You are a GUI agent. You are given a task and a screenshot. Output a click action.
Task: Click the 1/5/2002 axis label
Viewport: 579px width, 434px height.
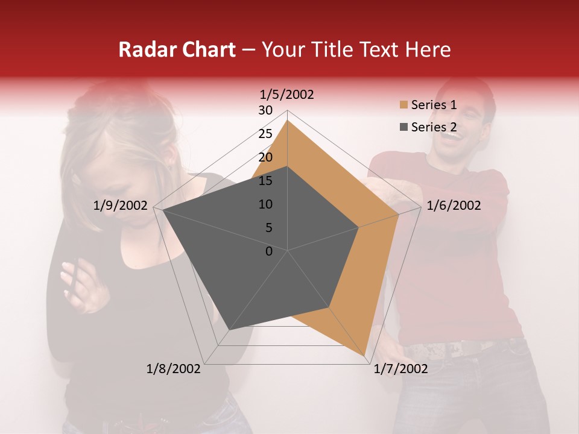(287, 94)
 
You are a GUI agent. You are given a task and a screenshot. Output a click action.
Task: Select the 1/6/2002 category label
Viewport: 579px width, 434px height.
(454, 206)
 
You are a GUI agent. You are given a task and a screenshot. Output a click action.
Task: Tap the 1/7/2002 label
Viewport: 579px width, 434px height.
(400, 369)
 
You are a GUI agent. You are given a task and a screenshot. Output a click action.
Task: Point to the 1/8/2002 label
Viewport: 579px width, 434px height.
(174, 369)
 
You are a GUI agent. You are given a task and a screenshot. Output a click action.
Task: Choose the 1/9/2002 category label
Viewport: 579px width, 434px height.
(121, 206)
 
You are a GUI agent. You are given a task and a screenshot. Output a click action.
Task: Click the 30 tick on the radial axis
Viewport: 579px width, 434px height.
(265, 110)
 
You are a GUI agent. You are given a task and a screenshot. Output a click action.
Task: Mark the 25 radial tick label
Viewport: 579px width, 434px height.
(265, 134)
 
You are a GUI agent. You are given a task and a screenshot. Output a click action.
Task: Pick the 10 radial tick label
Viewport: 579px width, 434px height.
(265, 204)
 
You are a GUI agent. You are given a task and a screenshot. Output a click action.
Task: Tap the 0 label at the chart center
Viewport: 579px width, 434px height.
(269, 251)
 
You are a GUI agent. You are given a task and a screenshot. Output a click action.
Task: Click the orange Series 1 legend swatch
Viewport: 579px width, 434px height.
(403, 105)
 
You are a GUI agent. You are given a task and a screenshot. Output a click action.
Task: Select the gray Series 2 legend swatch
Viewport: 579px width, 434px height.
(403, 127)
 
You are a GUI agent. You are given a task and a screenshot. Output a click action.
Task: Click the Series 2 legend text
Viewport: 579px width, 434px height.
(434, 127)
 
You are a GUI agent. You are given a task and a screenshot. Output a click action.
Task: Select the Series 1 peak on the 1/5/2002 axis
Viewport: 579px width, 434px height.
(287, 121)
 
